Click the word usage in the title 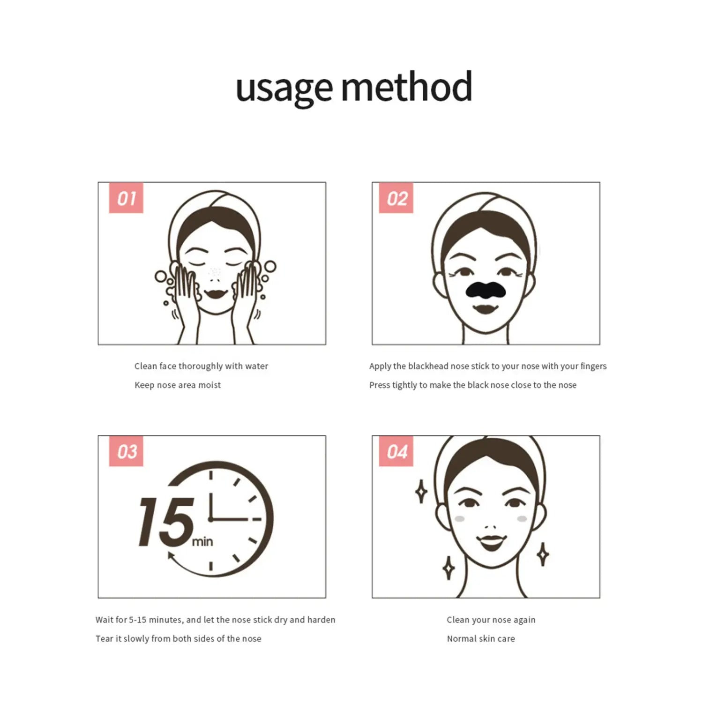(x=284, y=89)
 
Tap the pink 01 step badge (x=126, y=198)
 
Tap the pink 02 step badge (x=396, y=198)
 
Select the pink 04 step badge (x=396, y=451)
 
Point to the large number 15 (x=167, y=522)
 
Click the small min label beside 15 (x=202, y=542)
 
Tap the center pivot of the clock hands (x=211, y=519)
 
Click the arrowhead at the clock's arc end (x=172, y=556)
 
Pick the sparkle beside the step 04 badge (x=421, y=492)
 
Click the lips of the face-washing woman (x=216, y=294)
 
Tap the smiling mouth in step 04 (x=491, y=542)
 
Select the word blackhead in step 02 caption (x=428, y=366)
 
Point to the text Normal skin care (x=481, y=638)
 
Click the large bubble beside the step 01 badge (x=160, y=277)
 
